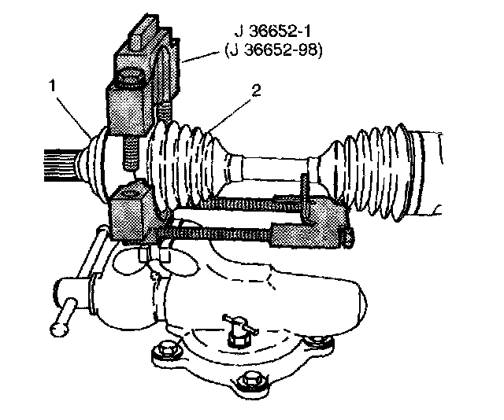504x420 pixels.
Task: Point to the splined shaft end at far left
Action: [58, 161]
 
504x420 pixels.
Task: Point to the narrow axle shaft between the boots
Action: [276, 168]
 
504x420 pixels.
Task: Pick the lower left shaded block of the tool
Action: [130, 212]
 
